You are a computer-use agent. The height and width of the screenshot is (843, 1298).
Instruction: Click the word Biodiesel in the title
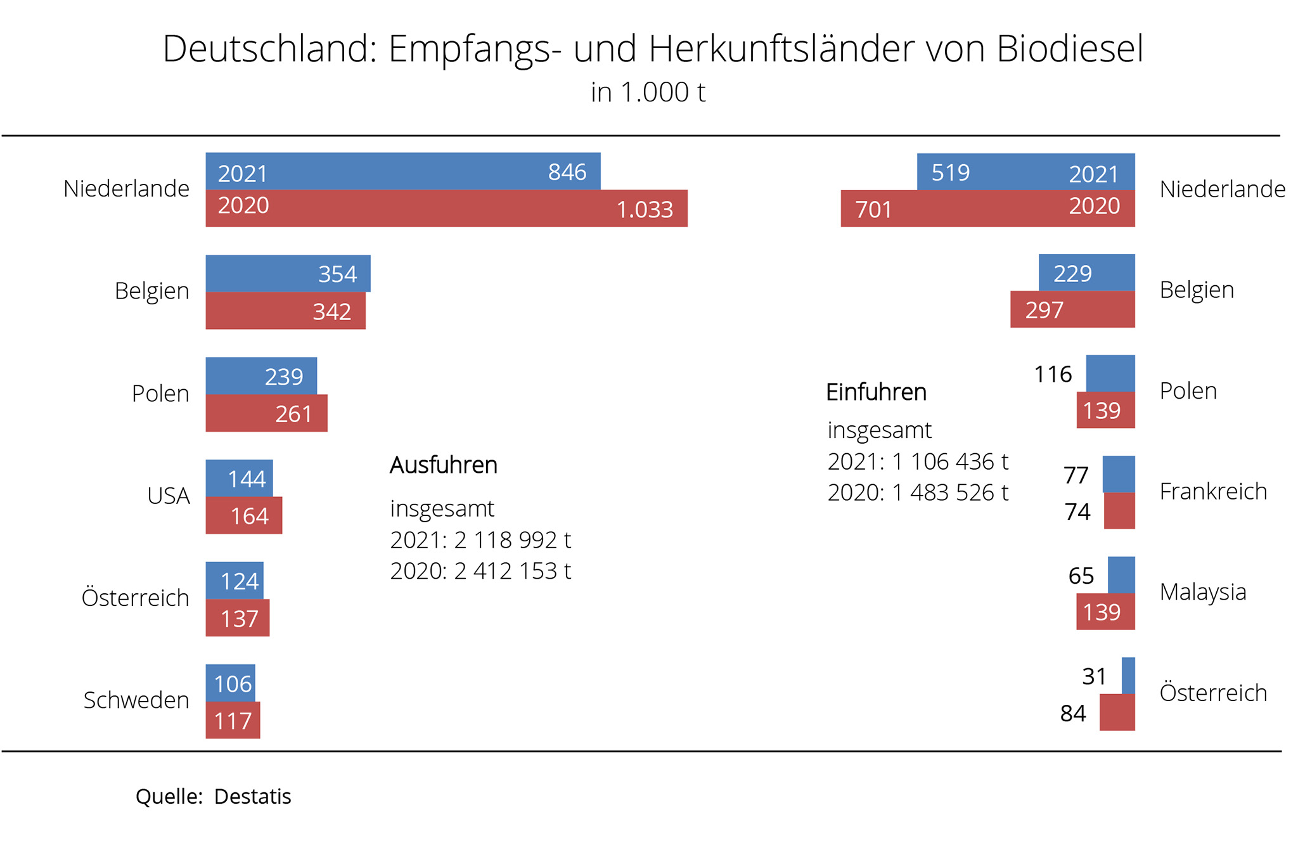(x=1070, y=49)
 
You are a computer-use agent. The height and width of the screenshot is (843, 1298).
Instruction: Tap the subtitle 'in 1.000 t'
(x=648, y=93)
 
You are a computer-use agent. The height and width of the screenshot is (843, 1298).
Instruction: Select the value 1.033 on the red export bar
(x=645, y=210)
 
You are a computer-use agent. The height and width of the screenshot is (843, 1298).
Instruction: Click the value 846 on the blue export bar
(x=567, y=172)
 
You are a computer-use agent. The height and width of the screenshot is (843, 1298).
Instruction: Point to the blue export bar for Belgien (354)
(x=288, y=273)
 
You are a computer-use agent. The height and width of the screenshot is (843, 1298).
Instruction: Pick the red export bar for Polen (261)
(x=266, y=413)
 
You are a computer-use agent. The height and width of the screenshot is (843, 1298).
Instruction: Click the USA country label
(x=168, y=496)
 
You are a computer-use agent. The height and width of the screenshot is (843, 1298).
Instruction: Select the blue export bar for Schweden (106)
(x=230, y=683)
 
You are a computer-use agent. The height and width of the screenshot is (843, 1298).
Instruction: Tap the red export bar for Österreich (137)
(x=237, y=618)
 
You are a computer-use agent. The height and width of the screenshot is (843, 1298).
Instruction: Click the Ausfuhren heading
(x=444, y=465)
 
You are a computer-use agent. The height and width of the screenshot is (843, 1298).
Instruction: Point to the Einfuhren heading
(x=876, y=392)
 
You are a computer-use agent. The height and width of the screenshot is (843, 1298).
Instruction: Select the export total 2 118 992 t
(x=512, y=540)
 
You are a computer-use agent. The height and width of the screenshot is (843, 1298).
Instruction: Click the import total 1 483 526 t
(x=949, y=492)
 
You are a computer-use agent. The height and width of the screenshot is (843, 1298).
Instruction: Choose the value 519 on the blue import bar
(x=950, y=172)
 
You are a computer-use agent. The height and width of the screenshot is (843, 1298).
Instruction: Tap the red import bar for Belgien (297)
(x=1072, y=309)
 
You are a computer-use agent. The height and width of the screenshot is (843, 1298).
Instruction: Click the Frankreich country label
(x=1212, y=492)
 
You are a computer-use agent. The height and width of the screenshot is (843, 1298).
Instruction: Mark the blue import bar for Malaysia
(x=1121, y=575)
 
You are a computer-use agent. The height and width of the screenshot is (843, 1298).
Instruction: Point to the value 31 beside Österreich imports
(x=1094, y=676)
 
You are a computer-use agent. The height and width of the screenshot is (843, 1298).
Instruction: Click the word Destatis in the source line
(x=252, y=797)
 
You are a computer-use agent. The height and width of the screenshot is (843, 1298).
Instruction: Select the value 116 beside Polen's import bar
(x=1053, y=375)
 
